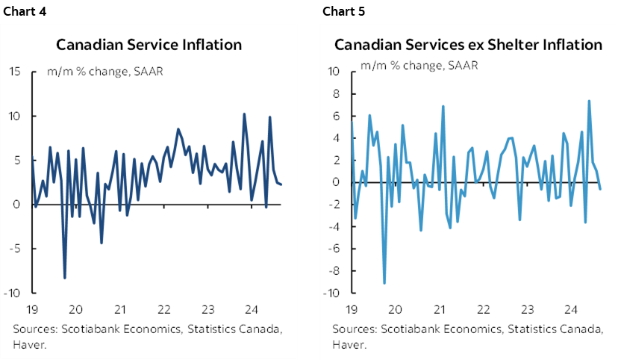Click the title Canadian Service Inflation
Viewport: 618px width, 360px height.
(x=149, y=45)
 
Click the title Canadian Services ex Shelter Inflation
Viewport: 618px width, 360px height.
(x=468, y=45)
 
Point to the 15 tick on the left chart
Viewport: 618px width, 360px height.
(x=14, y=72)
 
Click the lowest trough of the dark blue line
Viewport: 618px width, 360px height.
(x=65, y=278)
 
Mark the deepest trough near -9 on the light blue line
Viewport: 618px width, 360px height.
(x=384, y=283)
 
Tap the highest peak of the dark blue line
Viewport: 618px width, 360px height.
(x=244, y=114)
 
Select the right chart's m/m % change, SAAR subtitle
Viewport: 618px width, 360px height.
(x=419, y=65)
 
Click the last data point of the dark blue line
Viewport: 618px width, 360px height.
(x=281, y=184)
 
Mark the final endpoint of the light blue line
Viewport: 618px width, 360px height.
(x=601, y=189)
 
